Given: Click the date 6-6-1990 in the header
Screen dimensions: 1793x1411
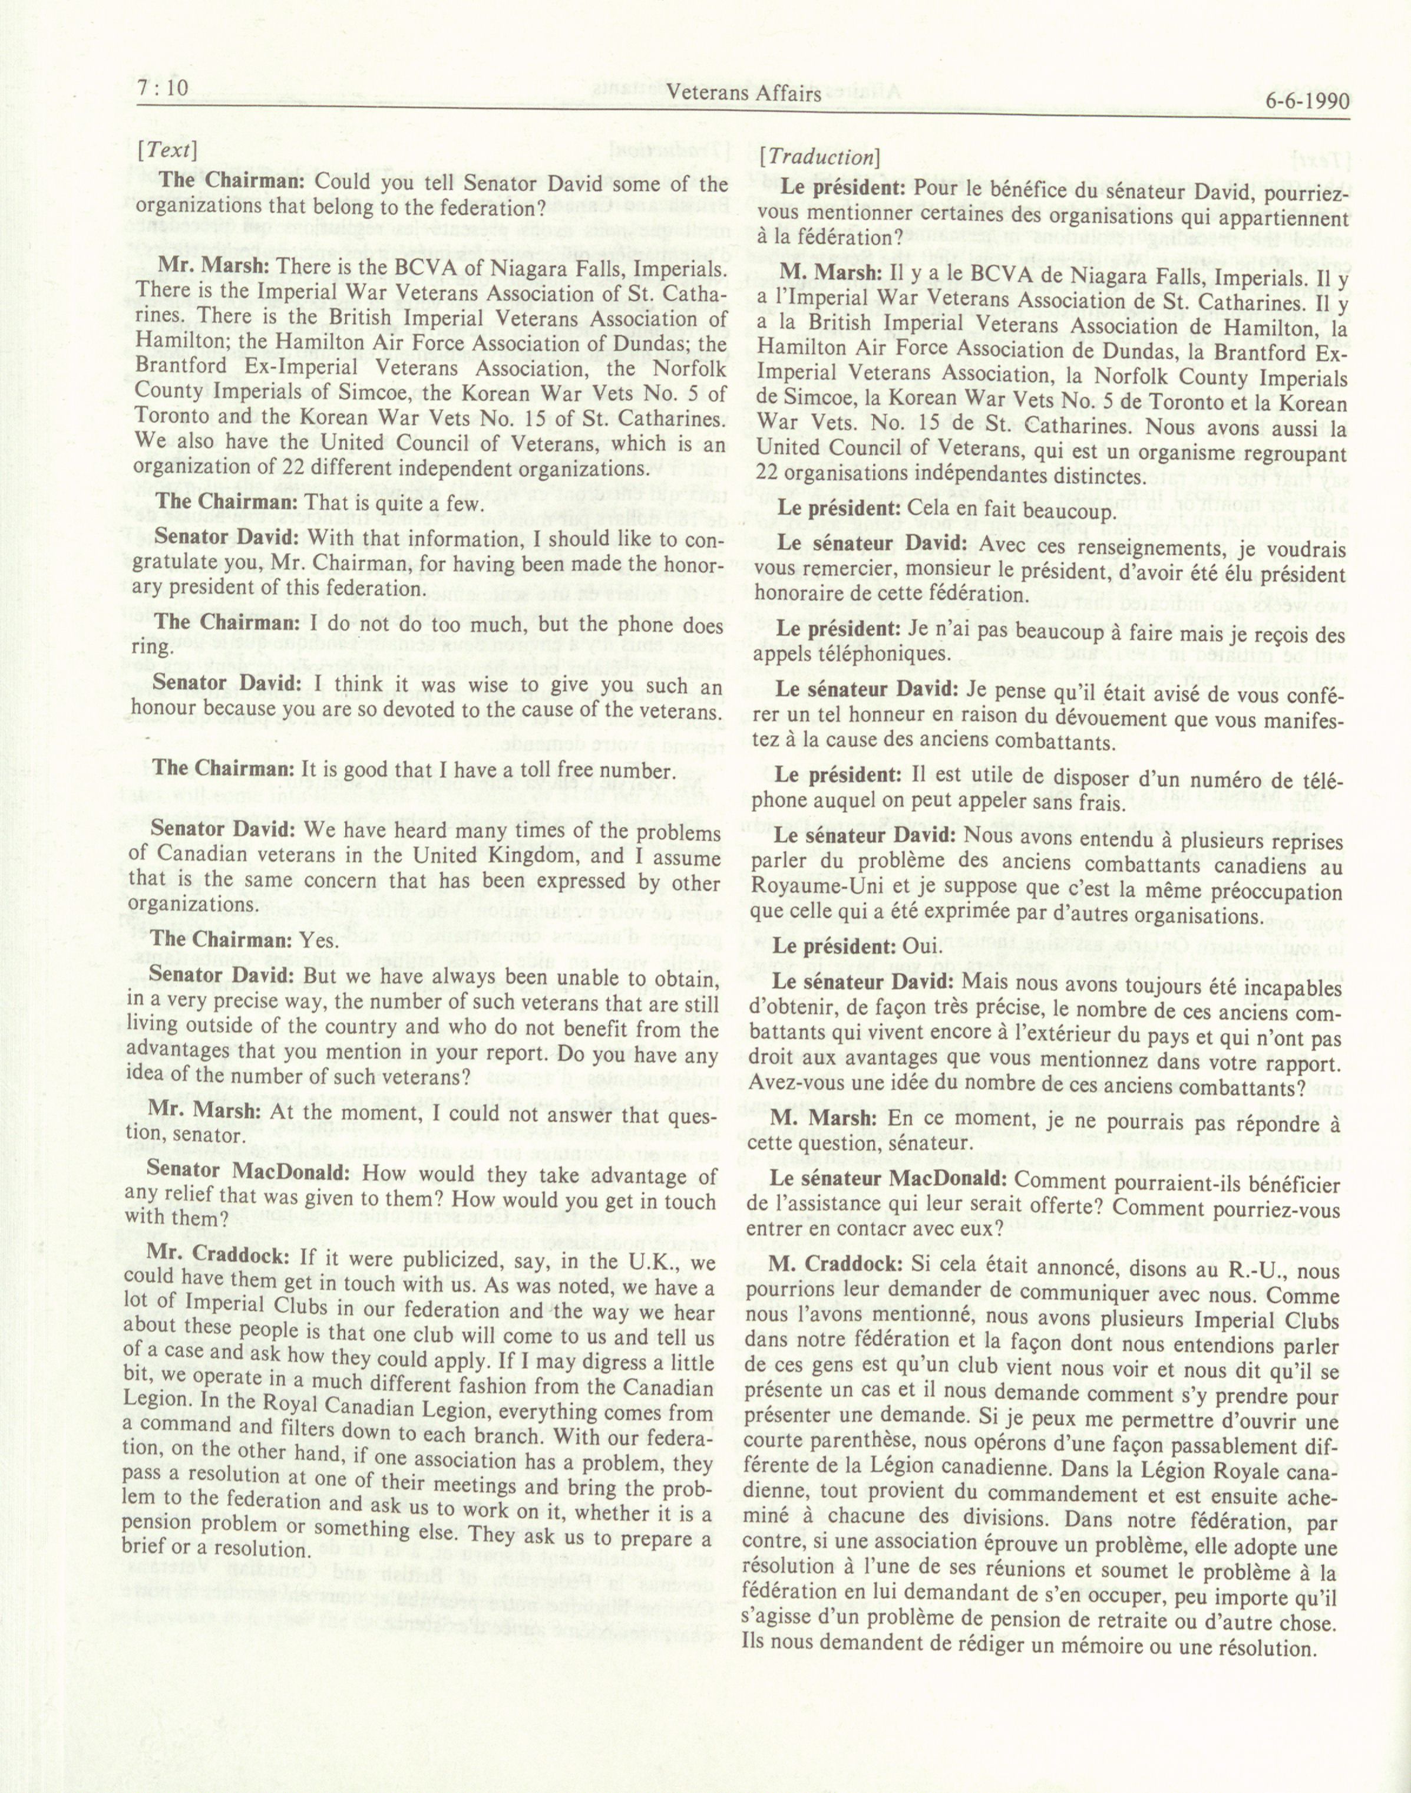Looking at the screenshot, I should tap(1306, 101).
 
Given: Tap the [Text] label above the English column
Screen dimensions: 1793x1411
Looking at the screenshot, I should tap(167, 150).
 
